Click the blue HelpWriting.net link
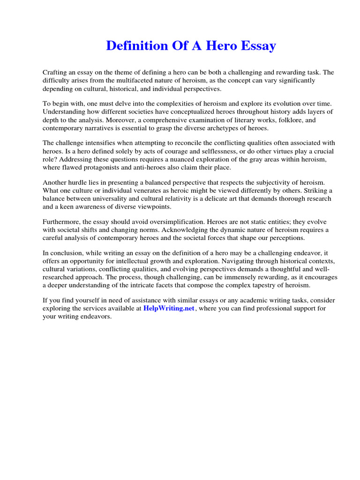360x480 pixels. [169, 308]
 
